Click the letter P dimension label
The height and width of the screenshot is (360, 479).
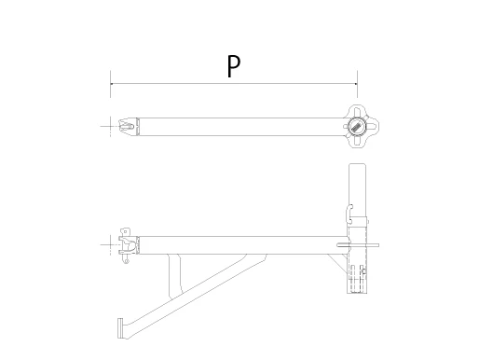point(234,66)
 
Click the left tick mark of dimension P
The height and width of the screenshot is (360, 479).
point(110,84)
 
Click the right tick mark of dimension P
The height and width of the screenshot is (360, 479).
point(357,84)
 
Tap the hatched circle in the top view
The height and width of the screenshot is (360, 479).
point(357,127)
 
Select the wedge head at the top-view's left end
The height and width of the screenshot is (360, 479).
point(128,127)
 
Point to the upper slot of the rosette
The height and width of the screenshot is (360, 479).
point(357,112)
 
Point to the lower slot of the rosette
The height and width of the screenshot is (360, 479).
point(357,141)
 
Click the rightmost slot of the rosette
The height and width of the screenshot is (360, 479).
point(372,127)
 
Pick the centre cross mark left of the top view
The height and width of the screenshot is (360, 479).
point(110,127)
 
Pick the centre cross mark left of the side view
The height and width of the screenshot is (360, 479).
point(110,245)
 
